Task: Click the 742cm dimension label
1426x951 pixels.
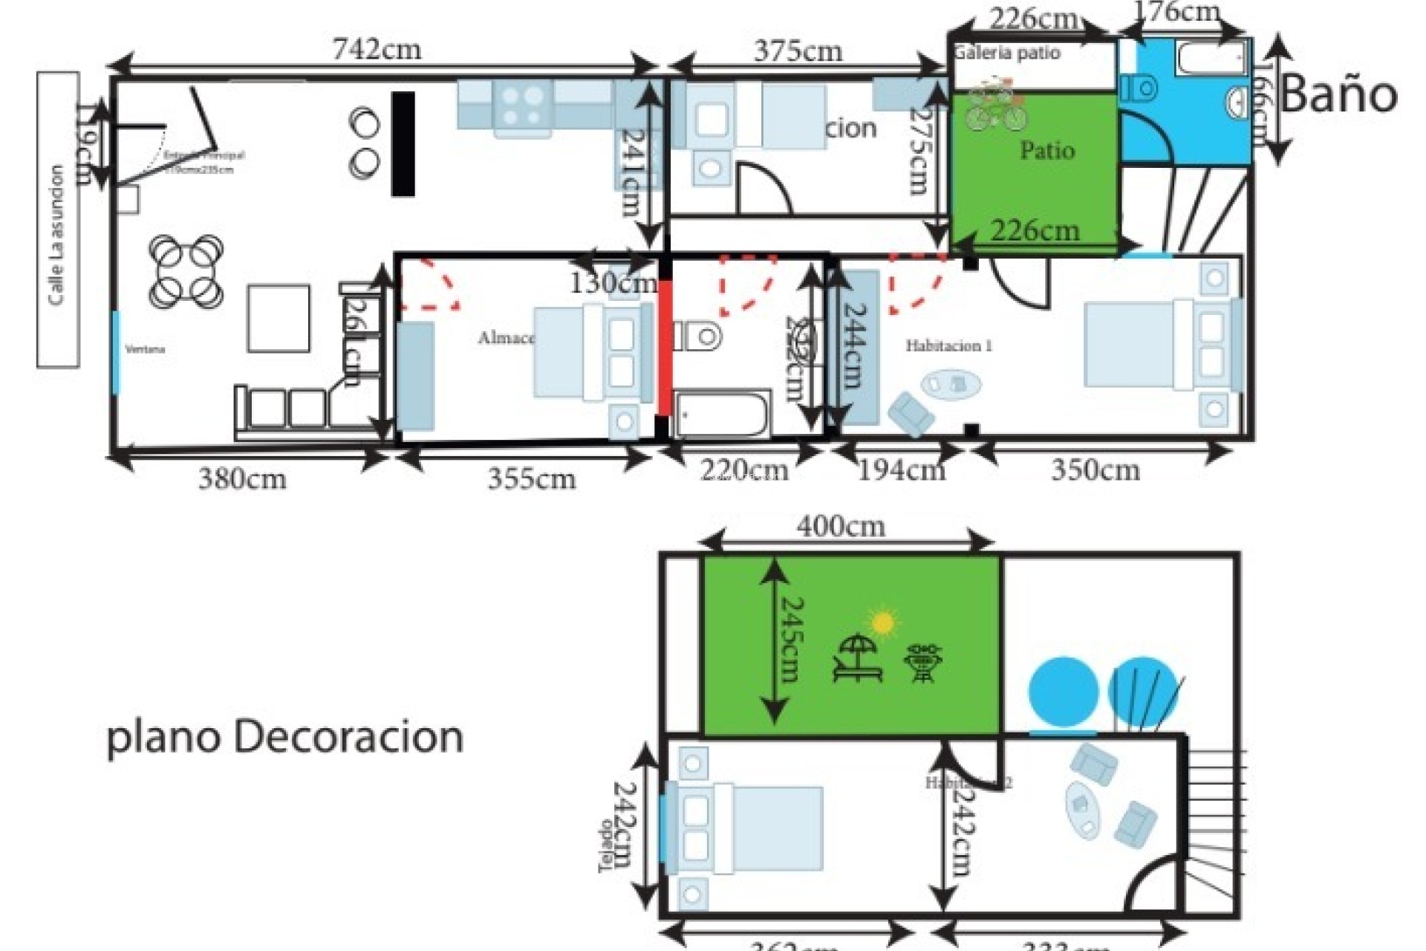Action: (x=377, y=50)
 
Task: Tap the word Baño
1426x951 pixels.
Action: (x=1338, y=96)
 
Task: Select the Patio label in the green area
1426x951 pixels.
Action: (x=1047, y=150)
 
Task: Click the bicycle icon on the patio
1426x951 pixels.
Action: (x=994, y=106)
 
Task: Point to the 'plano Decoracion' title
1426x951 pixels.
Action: (x=285, y=738)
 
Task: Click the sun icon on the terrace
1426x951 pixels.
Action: (x=883, y=623)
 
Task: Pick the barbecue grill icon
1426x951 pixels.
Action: (x=923, y=663)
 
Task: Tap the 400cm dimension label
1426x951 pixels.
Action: (x=841, y=527)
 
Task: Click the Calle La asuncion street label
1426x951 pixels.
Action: (x=57, y=235)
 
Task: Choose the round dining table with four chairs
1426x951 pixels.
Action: (x=186, y=271)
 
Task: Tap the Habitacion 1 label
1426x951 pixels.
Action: (x=948, y=345)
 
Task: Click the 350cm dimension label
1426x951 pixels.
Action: (x=1095, y=470)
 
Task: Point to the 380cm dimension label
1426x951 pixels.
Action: (x=242, y=478)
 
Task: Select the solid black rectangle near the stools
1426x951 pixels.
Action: (x=403, y=143)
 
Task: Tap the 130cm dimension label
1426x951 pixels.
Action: (x=613, y=283)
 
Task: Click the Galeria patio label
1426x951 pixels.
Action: (x=1007, y=53)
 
